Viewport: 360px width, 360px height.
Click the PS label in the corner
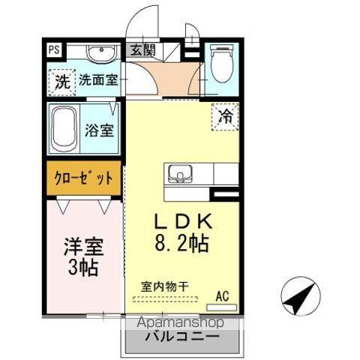(x=55, y=52)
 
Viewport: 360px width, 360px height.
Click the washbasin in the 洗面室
(x=99, y=54)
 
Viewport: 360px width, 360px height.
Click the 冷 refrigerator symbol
(x=224, y=116)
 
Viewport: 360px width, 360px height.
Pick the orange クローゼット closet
(x=83, y=178)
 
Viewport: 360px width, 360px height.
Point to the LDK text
(x=183, y=222)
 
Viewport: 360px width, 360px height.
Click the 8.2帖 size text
(x=183, y=243)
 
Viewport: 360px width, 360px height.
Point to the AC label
(x=222, y=295)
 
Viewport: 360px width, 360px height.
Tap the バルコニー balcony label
(x=181, y=337)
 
